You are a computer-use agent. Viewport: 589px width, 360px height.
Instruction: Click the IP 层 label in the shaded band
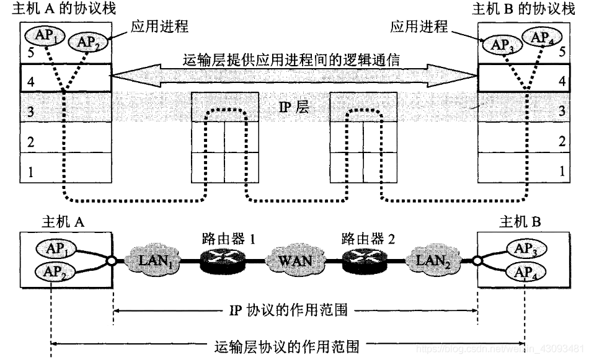tap(294, 107)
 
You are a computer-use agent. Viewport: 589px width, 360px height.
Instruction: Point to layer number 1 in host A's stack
tap(30, 171)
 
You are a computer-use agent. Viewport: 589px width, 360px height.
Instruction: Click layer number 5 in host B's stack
tap(561, 52)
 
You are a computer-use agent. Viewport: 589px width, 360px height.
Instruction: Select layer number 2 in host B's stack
tap(561, 141)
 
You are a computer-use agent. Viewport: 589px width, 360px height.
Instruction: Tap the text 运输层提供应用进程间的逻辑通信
tap(295, 60)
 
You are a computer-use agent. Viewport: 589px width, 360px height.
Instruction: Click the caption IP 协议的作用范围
tap(295, 310)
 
